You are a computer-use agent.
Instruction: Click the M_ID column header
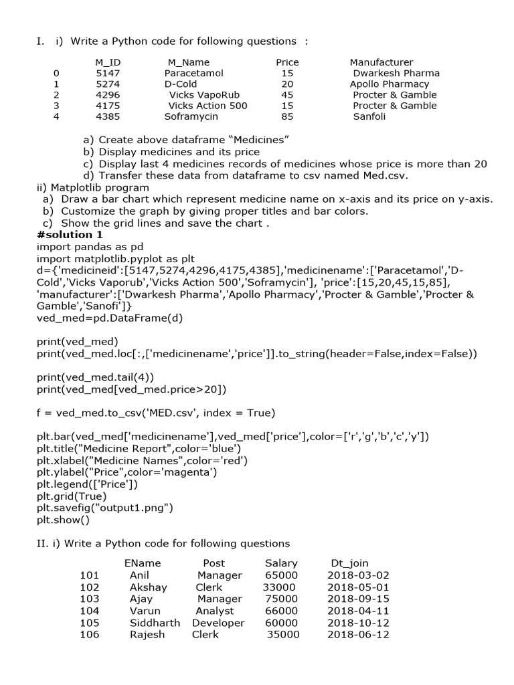click(108, 62)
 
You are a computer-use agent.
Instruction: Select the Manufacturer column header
click(381, 62)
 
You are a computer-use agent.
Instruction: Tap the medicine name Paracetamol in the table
click(194, 73)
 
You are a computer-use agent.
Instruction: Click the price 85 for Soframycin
click(287, 116)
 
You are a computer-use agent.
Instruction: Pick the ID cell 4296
click(108, 94)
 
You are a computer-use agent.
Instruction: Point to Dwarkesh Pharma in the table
click(396, 73)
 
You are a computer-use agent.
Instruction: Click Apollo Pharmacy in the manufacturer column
click(390, 84)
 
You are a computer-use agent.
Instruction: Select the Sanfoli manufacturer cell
click(369, 116)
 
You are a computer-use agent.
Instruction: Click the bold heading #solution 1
click(70, 234)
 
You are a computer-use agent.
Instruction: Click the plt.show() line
click(63, 519)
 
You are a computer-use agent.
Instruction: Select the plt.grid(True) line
click(72, 496)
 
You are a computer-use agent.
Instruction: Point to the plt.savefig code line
click(105, 508)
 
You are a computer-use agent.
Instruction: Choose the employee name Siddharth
click(155, 623)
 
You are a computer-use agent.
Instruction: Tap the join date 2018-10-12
click(358, 623)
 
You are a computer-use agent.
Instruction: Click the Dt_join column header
click(349, 563)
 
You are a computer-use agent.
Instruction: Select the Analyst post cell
click(215, 611)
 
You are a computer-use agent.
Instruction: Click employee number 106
click(89, 635)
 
